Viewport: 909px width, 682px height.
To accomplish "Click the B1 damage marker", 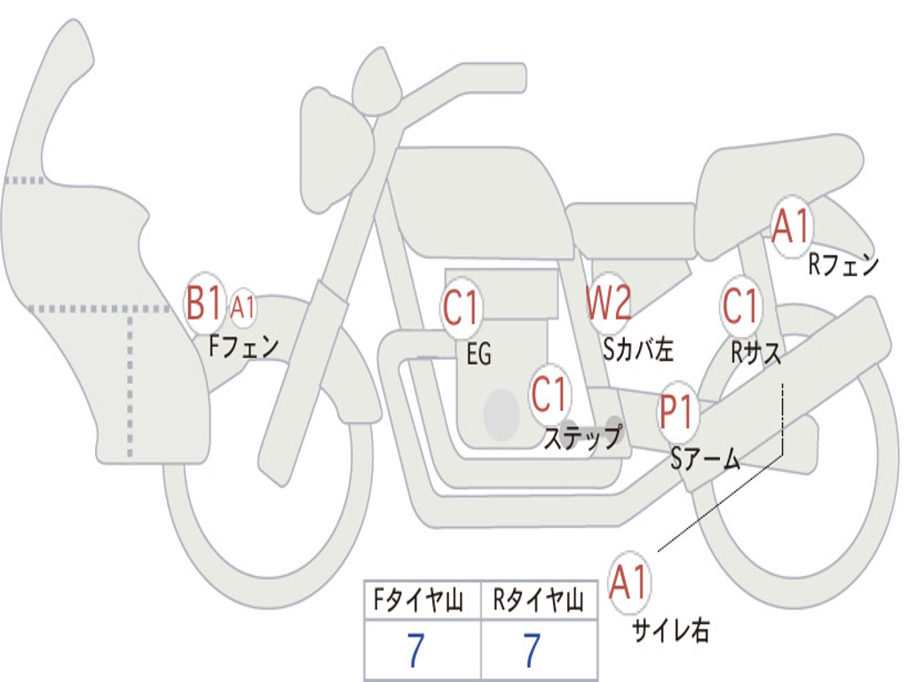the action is coord(203,304).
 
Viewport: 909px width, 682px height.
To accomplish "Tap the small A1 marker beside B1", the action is coord(243,308).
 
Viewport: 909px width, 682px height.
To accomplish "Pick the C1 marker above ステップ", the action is coord(549,393).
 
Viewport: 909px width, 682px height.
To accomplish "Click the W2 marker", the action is coord(609,304).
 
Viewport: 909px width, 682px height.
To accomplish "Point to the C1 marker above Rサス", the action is coord(740,305).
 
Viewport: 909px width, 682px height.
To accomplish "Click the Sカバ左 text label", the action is coord(638,350).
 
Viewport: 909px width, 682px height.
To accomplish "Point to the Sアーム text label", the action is coord(706,459).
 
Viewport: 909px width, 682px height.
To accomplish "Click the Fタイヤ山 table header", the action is coord(422,602).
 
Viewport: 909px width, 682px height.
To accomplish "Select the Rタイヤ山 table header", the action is coord(538,602).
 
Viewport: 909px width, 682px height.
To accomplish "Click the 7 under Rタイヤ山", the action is coord(532,651).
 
